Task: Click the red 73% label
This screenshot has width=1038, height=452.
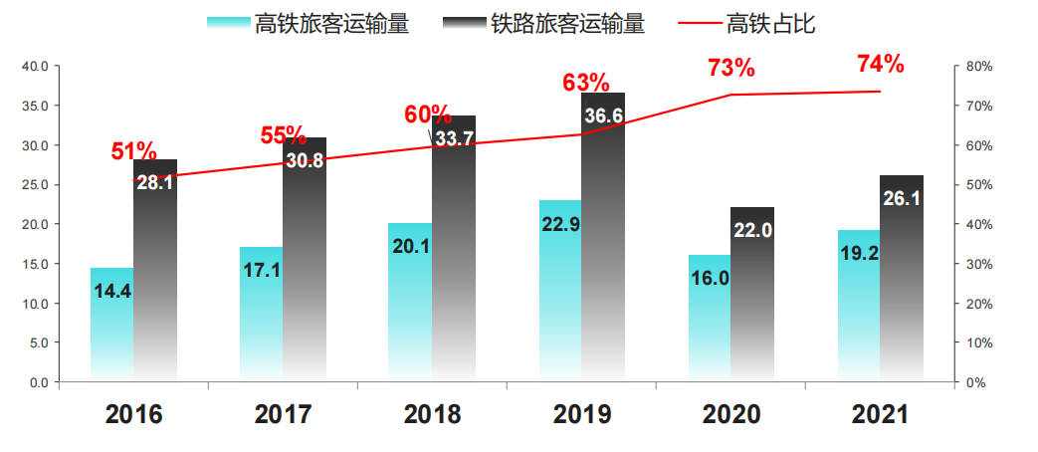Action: (731, 68)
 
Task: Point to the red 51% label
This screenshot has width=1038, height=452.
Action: (133, 151)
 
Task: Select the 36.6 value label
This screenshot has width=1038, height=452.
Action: (603, 116)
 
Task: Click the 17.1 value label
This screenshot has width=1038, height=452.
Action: (261, 270)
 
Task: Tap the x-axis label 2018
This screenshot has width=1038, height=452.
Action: (433, 414)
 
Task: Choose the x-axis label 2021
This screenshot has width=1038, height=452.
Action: (881, 414)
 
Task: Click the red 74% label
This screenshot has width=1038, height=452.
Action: (881, 65)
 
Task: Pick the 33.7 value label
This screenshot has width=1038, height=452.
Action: (454, 139)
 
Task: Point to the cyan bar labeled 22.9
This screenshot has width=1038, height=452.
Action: (560, 299)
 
